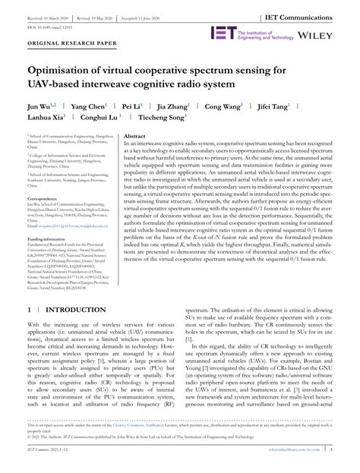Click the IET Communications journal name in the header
[311, 14]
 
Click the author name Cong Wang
[242, 107]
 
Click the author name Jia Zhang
[186, 107]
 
